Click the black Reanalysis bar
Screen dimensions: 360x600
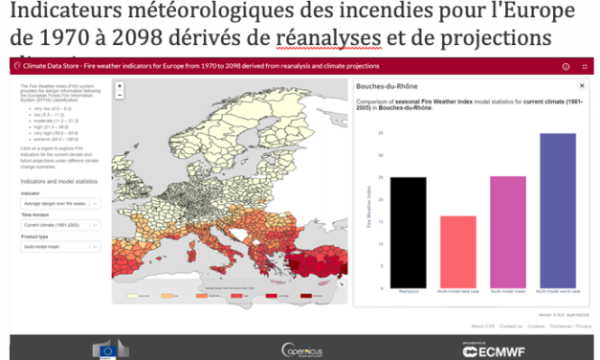408,231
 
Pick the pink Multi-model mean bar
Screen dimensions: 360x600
507,231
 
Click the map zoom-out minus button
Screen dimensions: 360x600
119,97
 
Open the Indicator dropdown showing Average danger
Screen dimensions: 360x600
59,204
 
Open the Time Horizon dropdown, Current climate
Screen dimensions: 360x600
59,225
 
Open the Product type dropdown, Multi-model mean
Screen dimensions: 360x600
59,246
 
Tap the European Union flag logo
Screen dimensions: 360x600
103,349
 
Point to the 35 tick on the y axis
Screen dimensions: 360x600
381,131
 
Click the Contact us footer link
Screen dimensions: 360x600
510,325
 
